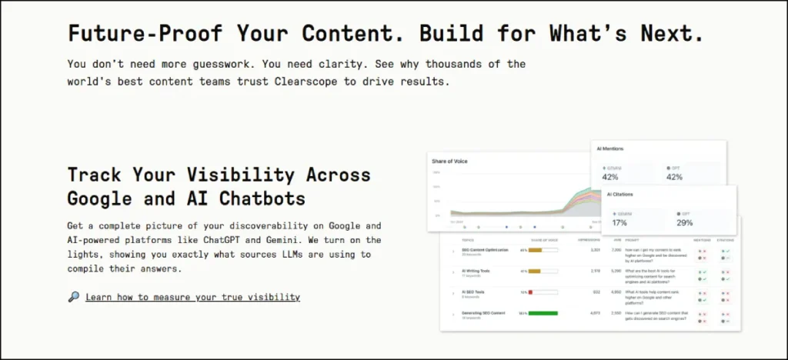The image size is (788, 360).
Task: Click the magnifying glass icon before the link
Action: (74, 297)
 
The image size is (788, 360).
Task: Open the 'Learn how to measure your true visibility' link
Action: (192, 297)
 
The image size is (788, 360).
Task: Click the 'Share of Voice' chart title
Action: (449, 161)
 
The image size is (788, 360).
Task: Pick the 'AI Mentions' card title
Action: (610, 148)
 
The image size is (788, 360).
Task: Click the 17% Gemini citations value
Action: (619, 222)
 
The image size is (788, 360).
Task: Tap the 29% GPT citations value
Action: (685, 222)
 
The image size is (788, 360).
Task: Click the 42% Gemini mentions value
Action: (609, 177)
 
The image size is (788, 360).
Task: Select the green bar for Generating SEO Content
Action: (543, 313)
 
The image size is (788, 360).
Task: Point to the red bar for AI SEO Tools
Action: (531, 292)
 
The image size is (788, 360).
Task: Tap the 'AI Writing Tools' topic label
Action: (476, 270)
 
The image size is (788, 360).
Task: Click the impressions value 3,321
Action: (594, 250)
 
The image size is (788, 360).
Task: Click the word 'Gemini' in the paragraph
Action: (279, 239)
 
